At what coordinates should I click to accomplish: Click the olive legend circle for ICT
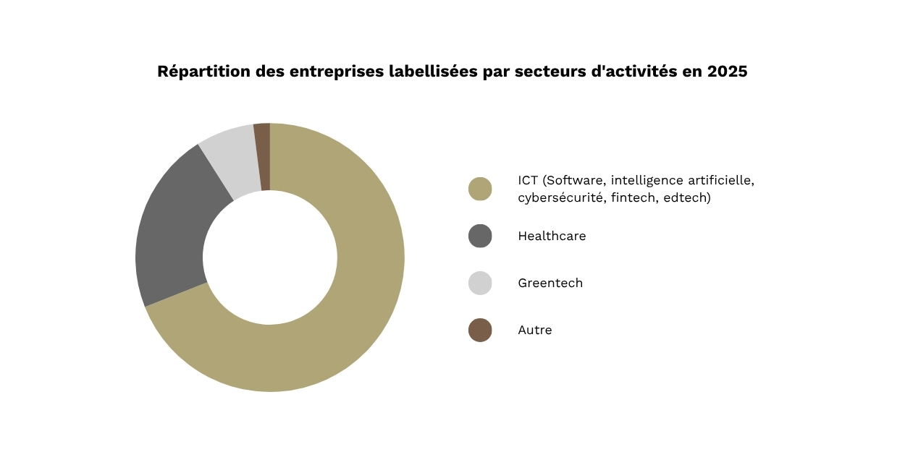480,189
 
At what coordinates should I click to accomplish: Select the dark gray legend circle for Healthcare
480,236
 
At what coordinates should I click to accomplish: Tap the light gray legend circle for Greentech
480,283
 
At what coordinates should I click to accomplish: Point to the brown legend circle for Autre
480,330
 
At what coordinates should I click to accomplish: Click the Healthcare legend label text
552,236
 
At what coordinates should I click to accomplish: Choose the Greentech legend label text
550,283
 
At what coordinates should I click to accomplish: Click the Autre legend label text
535,330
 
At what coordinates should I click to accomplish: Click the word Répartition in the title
203,72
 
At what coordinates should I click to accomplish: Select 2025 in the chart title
727,72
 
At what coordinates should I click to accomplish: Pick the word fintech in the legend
633,197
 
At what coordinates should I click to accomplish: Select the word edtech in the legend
687,197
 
